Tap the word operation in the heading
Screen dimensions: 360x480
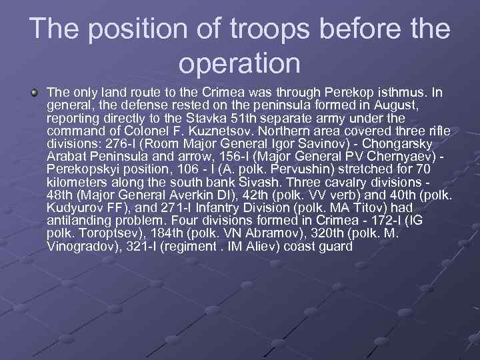240,63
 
